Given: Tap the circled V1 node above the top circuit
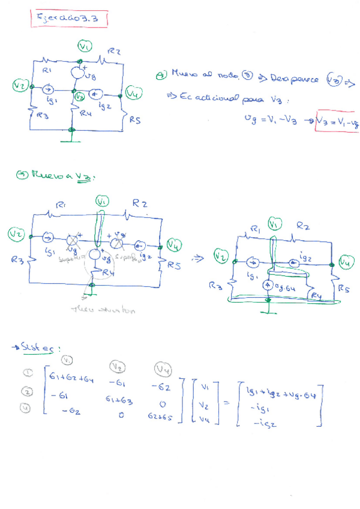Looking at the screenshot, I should (x=85, y=46).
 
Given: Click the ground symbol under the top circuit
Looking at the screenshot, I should (x=71, y=139).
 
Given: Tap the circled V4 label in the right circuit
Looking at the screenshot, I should (x=346, y=262).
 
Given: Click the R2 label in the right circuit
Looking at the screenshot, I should (x=304, y=226).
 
